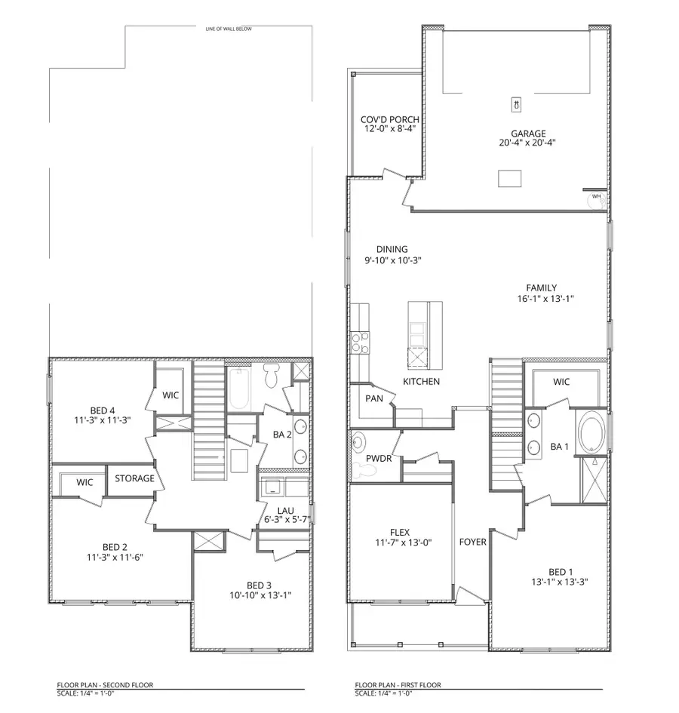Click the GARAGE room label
click(x=517, y=133)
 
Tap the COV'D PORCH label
click(x=389, y=120)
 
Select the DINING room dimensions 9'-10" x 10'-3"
click(x=392, y=260)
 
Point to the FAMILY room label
click(x=541, y=287)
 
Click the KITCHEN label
click(x=421, y=382)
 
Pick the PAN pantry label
click(x=373, y=398)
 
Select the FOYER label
click(x=472, y=542)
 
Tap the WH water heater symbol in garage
click(x=596, y=198)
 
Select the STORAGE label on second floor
click(x=134, y=478)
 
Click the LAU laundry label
click(x=284, y=510)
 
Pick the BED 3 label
click(x=259, y=585)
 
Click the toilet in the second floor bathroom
click(x=272, y=373)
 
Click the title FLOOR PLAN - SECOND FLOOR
click(x=105, y=685)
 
